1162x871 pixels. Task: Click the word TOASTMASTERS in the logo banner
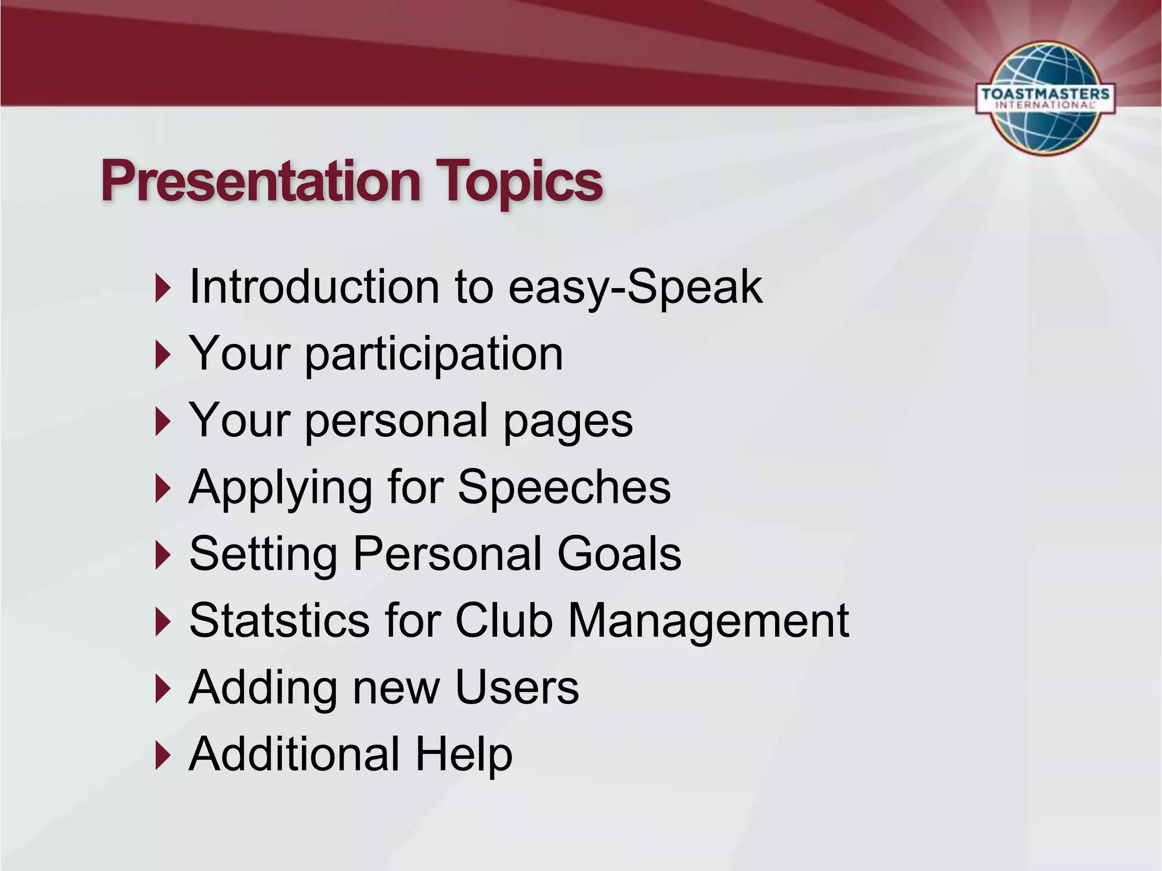[1045, 94]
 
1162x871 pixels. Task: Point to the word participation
[434, 354]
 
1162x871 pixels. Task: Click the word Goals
[619, 553]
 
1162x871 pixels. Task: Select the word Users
[517, 687]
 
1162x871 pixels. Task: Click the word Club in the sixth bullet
[504, 620]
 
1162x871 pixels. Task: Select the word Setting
[263, 555]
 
